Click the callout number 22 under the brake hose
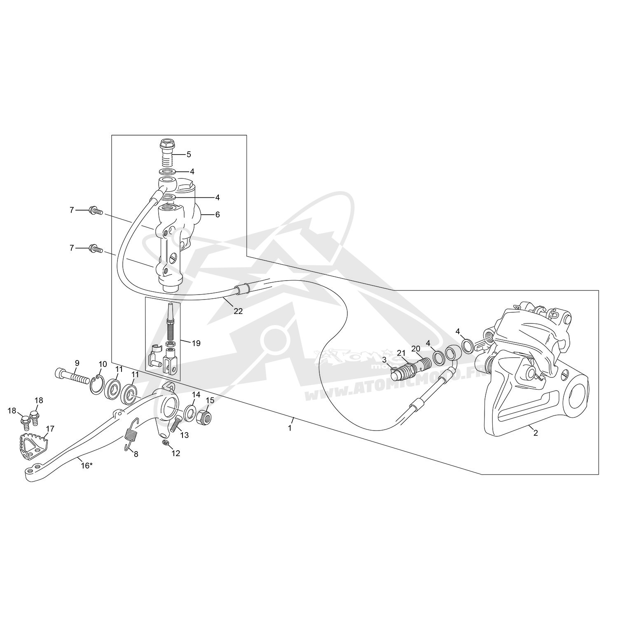point(238,311)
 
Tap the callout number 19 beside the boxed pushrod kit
point(196,343)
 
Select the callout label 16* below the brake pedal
point(87,466)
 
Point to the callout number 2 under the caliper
point(535,433)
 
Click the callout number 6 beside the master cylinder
point(218,215)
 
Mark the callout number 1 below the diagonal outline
point(290,428)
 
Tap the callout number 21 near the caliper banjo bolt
point(402,353)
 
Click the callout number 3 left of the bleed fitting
point(384,359)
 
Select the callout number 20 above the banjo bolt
point(416,349)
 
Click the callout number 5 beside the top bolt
point(189,154)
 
